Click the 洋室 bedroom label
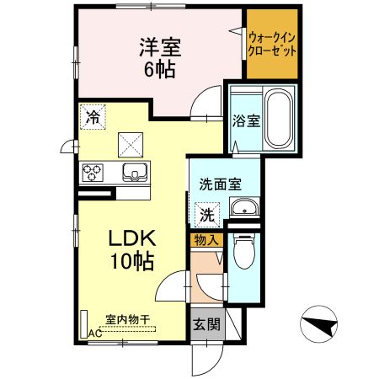[160, 47]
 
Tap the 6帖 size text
[160, 69]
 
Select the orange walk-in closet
[272, 44]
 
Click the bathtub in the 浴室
[279, 118]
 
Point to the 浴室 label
[246, 121]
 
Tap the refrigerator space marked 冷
[93, 117]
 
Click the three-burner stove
[92, 173]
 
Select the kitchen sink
[135, 172]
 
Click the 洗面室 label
[221, 184]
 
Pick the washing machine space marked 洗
[207, 215]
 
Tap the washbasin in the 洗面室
[244, 207]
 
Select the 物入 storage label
[206, 240]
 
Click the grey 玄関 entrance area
[208, 324]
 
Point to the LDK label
[132, 238]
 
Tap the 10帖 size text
[132, 261]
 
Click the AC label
[95, 334]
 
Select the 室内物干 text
[127, 319]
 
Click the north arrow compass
[318, 324]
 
